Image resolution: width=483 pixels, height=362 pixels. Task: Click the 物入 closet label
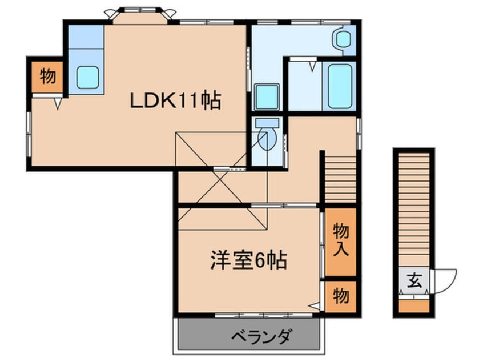[341, 240]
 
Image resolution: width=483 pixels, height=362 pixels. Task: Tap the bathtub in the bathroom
[340, 86]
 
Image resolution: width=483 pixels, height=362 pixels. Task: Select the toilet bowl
[265, 139]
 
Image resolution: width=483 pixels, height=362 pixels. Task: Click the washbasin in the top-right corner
[344, 39]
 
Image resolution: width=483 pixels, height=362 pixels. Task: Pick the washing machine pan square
[266, 96]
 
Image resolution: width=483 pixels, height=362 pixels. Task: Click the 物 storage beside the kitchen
[48, 76]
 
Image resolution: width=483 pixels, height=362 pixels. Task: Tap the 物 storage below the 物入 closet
[341, 296]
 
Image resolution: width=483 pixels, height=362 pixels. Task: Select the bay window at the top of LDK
[140, 14]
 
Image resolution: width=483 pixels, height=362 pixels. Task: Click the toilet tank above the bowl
[266, 122]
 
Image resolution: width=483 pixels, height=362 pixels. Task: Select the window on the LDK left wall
[29, 134]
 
